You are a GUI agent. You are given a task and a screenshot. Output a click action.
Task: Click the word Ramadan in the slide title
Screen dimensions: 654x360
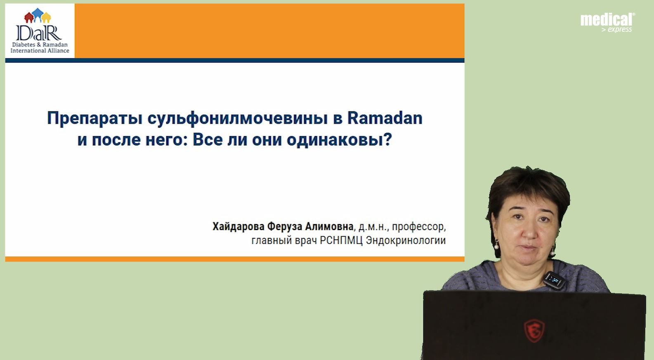tap(385, 118)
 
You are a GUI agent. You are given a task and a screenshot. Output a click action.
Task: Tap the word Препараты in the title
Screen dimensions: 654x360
tap(94, 119)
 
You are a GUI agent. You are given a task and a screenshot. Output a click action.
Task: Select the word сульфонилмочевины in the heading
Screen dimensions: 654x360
tap(238, 119)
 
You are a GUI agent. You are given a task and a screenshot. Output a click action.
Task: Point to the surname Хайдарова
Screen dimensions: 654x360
tap(238, 226)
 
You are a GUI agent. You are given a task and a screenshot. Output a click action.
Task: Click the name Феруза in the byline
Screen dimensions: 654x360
tap(285, 226)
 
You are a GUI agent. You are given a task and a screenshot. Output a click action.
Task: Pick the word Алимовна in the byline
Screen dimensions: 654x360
tap(329, 226)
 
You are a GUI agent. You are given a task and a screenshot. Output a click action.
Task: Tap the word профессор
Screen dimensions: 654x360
tap(418, 227)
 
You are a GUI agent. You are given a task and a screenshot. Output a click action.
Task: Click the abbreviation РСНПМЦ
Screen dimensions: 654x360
tap(341, 240)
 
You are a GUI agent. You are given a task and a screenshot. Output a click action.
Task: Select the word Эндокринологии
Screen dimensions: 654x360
tap(406, 240)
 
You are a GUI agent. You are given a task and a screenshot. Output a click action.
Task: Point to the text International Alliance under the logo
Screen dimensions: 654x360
tap(40, 50)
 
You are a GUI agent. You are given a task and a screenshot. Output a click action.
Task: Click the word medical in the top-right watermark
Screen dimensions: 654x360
tap(607, 20)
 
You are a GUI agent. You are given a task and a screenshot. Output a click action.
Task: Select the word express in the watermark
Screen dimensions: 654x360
tap(620, 29)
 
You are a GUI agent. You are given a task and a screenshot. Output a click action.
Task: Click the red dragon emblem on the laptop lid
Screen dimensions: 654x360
tap(534, 331)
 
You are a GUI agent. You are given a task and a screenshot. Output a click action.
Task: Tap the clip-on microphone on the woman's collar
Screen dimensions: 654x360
tap(554, 280)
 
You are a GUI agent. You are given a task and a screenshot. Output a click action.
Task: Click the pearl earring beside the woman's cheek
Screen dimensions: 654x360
tap(496, 245)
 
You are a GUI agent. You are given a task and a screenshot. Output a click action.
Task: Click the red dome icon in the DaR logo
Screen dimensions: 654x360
tap(29, 17)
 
